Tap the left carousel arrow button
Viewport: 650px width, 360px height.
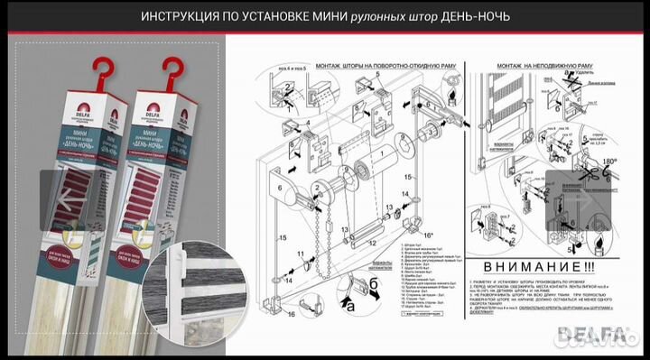pos(67,196)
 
